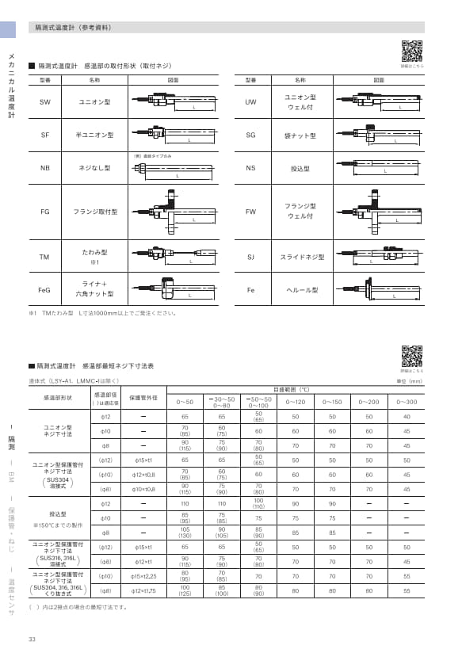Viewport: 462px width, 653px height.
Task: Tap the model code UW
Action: (250, 102)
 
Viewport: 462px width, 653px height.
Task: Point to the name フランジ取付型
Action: (95, 212)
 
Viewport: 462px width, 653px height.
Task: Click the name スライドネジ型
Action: (300, 258)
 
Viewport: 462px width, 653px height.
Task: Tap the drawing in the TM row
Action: (172, 258)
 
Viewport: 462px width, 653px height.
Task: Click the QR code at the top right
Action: (412, 51)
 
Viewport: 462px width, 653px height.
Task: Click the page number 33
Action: (32, 640)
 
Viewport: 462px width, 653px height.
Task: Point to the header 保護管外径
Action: (143, 397)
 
